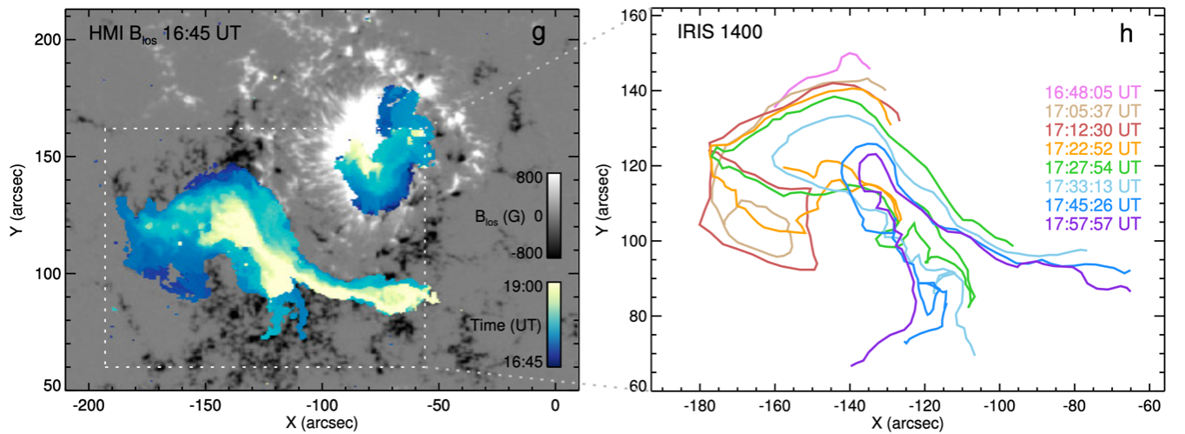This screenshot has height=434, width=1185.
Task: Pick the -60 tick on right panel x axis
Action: coord(1149,404)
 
